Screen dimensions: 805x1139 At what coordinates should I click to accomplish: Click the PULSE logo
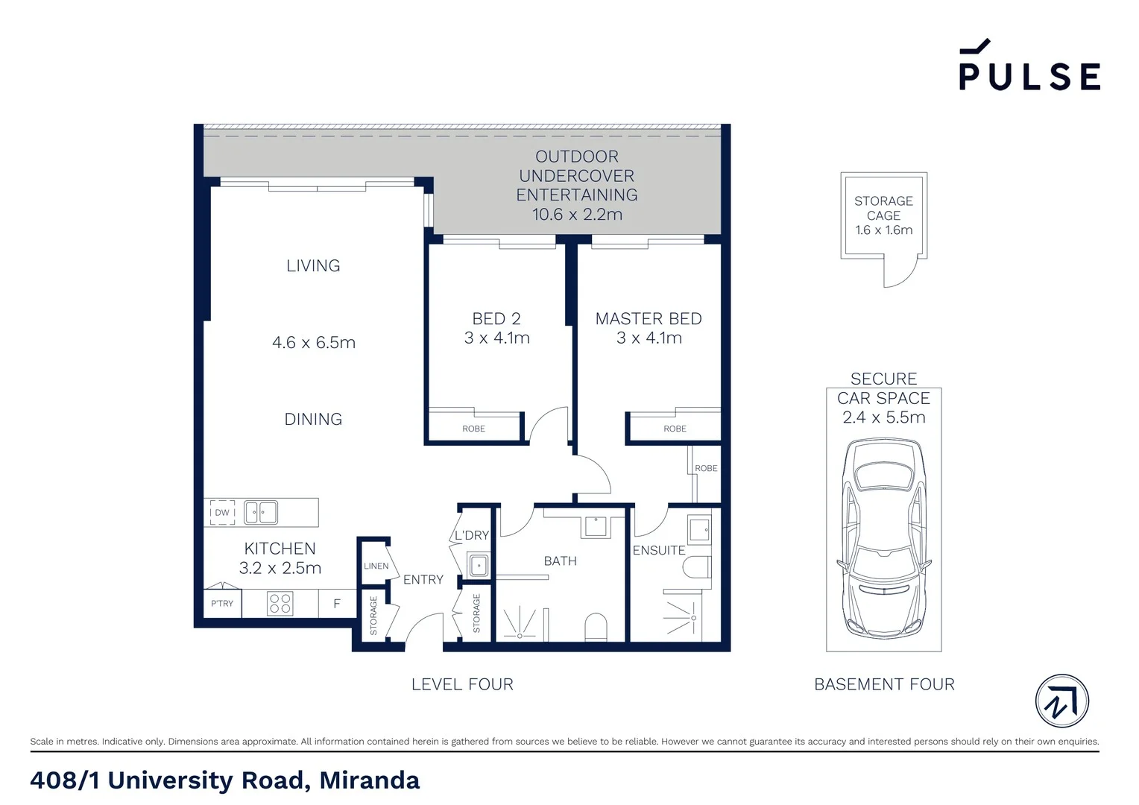[1029, 67]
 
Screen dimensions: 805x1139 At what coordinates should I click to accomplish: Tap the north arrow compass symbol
[1062, 701]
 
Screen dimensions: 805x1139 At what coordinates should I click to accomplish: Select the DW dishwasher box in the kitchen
[222, 512]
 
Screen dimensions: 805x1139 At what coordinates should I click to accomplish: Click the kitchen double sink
[262, 512]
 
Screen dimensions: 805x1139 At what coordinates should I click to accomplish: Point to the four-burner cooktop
[280, 604]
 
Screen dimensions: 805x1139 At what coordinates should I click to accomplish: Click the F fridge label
[337, 604]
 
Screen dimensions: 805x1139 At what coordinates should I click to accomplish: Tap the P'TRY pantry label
[222, 604]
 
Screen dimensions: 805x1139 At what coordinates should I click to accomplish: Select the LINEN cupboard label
[376, 566]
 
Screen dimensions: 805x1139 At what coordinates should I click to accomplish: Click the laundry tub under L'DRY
[478, 565]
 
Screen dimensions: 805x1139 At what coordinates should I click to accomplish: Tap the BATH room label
[561, 561]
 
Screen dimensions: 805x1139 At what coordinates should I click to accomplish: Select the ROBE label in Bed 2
[473, 429]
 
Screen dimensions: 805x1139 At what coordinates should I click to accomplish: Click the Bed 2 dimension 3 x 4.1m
[496, 338]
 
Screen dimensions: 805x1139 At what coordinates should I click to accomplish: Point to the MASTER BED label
[649, 319]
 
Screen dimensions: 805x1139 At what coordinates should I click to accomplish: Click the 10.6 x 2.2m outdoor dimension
[577, 215]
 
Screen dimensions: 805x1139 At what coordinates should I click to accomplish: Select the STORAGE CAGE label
[883, 208]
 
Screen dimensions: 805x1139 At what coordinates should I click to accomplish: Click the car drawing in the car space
[883, 537]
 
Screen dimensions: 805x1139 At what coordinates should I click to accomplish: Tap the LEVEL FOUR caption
[462, 684]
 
